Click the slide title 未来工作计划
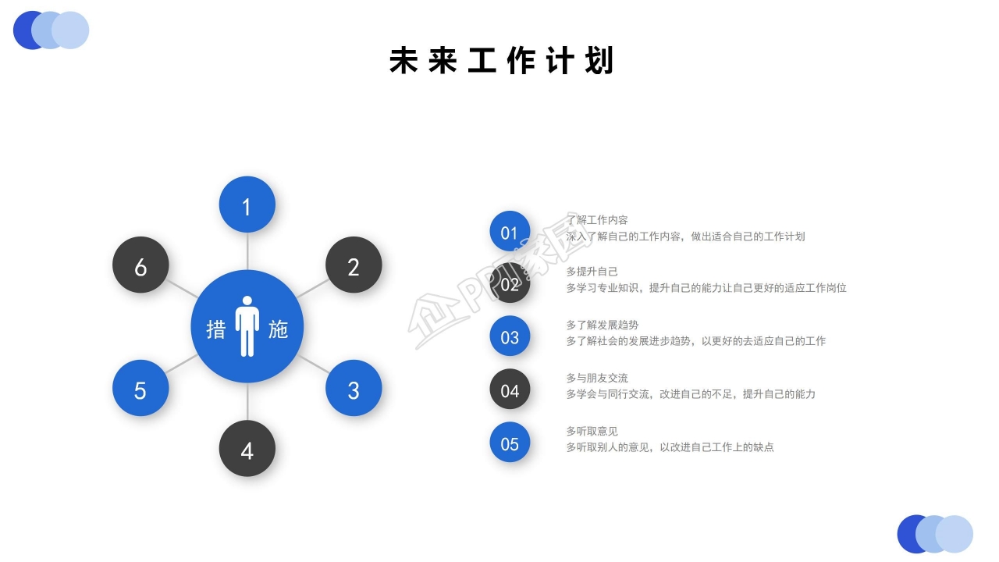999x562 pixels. [x=501, y=61]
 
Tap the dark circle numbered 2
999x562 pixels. [x=354, y=265]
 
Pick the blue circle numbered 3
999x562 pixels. [x=354, y=388]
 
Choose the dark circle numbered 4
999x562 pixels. [x=247, y=449]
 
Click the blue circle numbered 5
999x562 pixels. [x=140, y=388]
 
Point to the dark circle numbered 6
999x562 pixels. [x=140, y=265]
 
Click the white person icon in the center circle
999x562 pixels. [x=247, y=326]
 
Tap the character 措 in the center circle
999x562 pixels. [x=216, y=329]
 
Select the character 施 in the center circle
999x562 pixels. [x=278, y=329]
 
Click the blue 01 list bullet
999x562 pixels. [x=510, y=232]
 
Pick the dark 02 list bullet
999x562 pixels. [x=510, y=284]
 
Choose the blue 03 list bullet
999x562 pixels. [x=510, y=336]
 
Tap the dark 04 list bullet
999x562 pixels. [x=510, y=389]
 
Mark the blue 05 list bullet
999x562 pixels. [x=510, y=443]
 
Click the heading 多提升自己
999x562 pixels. [x=592, y=272]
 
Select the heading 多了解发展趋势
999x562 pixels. [x=602, y=325]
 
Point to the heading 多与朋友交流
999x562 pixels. [x=596, y=378]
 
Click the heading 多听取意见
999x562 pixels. [x=592, y=431]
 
